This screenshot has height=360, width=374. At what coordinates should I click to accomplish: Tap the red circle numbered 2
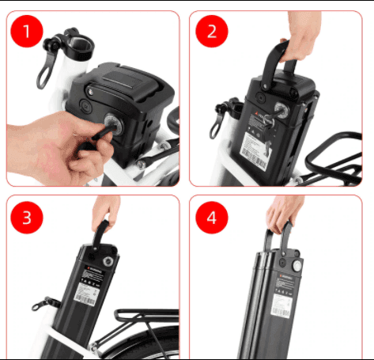tap(211, 32)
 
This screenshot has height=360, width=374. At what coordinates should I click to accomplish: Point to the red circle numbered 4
tap(211, 217)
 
